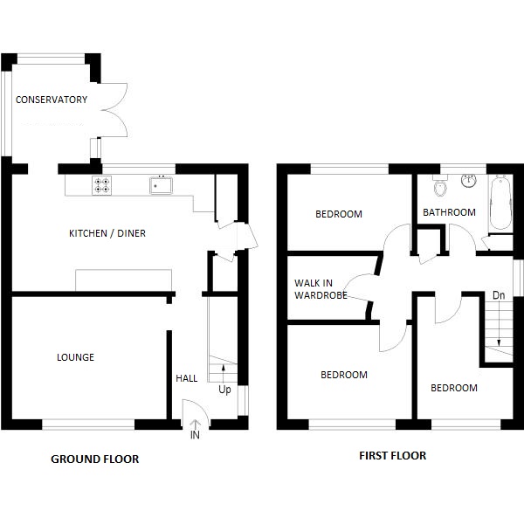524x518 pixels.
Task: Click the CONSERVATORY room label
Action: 52,100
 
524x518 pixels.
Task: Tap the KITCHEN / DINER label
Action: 107,233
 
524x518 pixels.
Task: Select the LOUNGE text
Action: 75,357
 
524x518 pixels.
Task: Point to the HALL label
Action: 187,378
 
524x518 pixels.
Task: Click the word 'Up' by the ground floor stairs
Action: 224,390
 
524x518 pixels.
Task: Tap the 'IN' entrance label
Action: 194,434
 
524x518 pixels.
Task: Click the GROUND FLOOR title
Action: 95,459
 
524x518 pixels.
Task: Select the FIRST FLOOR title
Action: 393,455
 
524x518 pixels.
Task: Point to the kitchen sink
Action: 162,184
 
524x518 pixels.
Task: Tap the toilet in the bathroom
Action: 440,188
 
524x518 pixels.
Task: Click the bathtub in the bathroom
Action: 500,203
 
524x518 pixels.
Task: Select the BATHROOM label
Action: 449,212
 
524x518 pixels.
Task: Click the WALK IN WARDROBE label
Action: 321,289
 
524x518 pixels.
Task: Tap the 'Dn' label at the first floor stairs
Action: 499,295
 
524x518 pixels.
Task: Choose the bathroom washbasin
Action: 467,180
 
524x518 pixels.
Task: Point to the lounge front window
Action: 88,424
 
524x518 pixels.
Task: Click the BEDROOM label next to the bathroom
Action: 339,214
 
